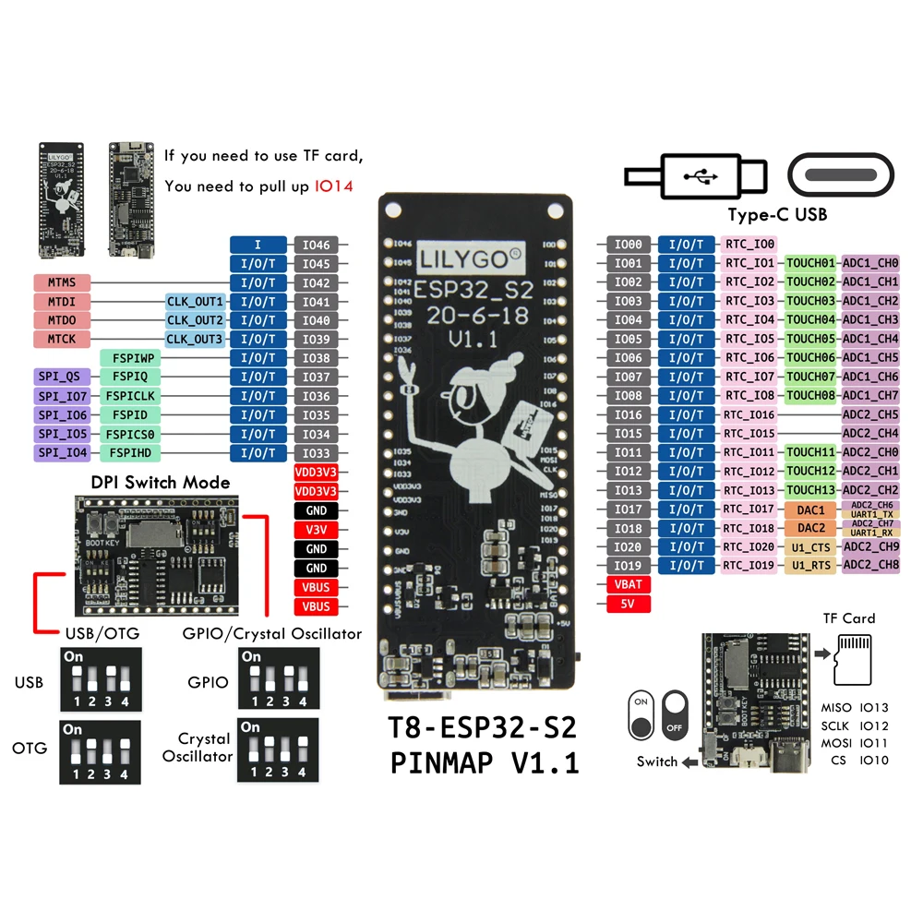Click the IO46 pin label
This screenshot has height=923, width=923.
[x=316, y=245]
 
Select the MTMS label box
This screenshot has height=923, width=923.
[x=62, y=282]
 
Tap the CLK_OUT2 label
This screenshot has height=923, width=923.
[x=196, y=320]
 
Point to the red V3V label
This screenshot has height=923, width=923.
[x=316, y=530]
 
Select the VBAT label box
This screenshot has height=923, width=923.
[x=628, y=585]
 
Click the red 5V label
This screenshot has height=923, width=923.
[x=628, y=605]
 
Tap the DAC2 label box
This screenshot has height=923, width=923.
[x=810, y=529]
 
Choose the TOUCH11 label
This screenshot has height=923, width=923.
[x=810, y=453]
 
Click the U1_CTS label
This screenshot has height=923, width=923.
[x=810, y=547]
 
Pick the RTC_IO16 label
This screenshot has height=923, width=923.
[x=749, y=415]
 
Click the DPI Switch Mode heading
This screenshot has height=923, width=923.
[x=161, y=482]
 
